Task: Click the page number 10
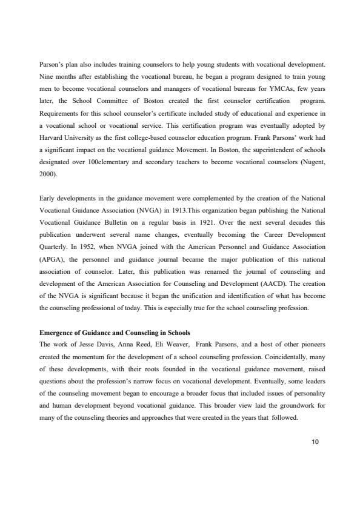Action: (313, 442)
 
